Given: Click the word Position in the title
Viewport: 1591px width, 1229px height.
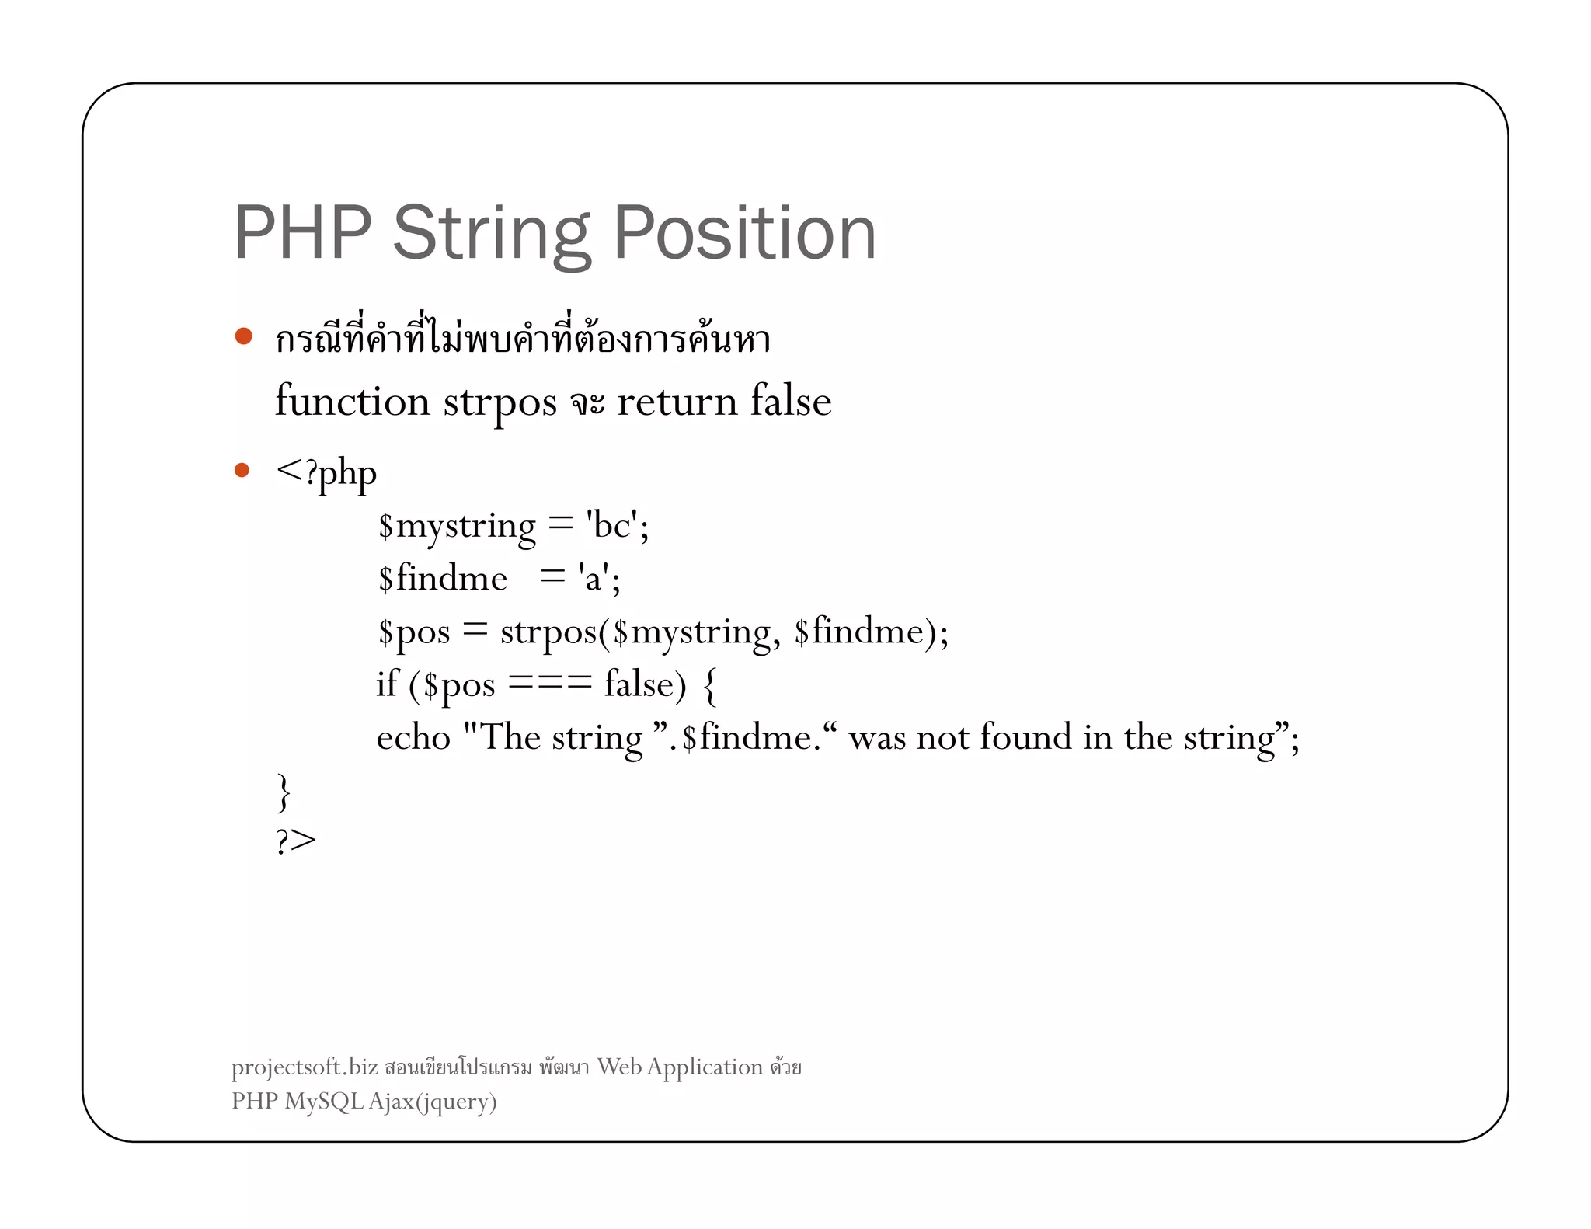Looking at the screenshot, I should pos(744,232).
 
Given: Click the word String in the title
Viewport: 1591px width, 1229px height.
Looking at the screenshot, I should pos(491,234).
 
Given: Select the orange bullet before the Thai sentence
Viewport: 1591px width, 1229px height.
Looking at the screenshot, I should pos(244,336).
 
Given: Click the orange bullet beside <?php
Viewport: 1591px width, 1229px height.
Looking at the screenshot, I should pos(242,470).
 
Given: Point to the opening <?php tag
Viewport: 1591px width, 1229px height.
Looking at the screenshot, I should pos(326,472).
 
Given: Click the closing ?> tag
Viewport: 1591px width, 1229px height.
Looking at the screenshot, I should pos(296,841).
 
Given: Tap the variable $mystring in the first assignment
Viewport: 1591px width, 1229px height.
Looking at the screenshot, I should pos(457,527).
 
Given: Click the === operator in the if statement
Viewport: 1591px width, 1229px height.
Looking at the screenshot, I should pos(550,684).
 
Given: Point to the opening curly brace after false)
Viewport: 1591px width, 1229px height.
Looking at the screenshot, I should pos(708,686).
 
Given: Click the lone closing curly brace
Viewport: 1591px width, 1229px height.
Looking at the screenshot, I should pos(284,792).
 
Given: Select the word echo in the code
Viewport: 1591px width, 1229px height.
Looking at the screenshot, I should pos(413,737).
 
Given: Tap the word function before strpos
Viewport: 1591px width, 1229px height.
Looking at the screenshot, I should pos(352,402).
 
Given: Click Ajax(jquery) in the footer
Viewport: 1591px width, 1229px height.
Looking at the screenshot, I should pos(433,1102).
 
